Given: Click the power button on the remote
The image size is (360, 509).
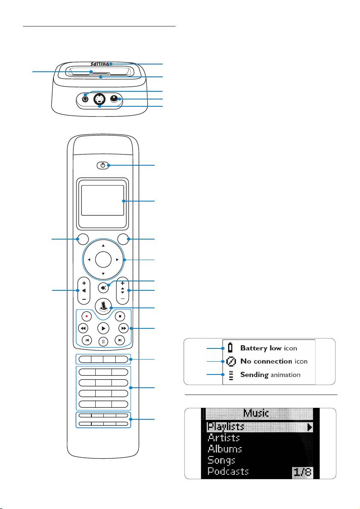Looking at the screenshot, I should tap(103, 165).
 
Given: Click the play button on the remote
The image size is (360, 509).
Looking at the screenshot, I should tap(103, 328).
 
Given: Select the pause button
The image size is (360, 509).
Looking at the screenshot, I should tap(103, 341).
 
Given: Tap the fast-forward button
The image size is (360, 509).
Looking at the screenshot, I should tap(123, 328).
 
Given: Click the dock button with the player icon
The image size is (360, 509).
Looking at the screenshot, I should tap(103, 306).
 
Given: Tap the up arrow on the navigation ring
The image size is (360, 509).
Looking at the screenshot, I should tap(103, 246).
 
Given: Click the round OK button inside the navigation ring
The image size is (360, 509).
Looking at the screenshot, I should tap(103, 259).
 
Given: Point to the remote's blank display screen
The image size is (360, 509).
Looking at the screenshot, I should tap(103, 200).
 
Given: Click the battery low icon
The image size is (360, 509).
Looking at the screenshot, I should tap(231, 348).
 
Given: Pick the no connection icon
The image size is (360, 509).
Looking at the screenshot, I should tap(231, 361).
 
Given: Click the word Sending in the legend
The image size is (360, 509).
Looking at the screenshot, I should tap(254, 375).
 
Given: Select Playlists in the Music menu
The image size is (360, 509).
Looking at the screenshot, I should tap(225, 426).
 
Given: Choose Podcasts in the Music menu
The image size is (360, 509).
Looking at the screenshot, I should tap(228, 471).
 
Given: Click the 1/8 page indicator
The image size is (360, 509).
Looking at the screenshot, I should tap(302, 472).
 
